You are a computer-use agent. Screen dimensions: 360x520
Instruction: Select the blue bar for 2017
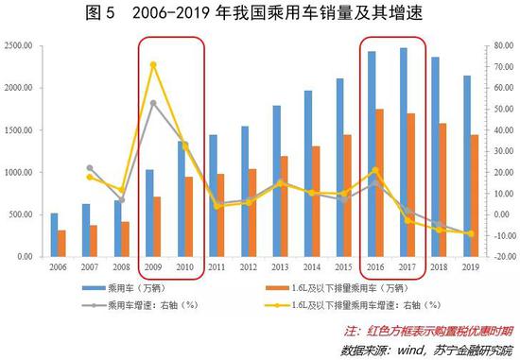click(404, 151)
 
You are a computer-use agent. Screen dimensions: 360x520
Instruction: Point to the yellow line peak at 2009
click(153, 64)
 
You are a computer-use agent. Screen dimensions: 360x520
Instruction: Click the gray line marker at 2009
click(153, 102)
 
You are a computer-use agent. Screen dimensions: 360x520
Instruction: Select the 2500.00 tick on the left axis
click(18, 45)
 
